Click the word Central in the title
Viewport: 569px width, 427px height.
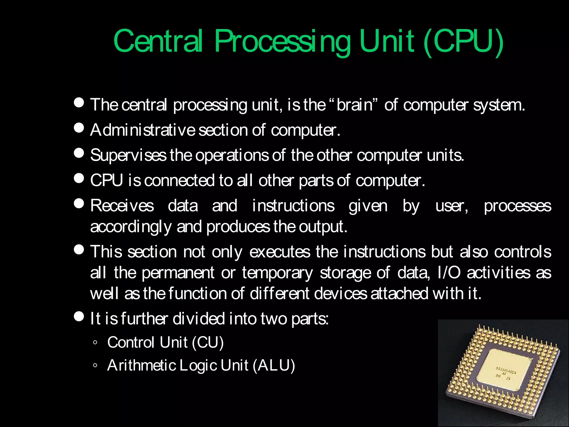tap(158, 41)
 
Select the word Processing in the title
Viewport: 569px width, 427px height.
tap(282, 42)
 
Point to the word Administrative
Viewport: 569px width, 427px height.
tap(143, 130)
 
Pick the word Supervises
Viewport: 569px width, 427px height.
tap(128, 155)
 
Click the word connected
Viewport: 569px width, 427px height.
tap(179, 180)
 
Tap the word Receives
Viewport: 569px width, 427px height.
tap(122, 206)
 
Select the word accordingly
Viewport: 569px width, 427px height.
tap(131, 227)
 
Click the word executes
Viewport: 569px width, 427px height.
tap(279, 252)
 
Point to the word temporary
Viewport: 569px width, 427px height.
tap(277, 273)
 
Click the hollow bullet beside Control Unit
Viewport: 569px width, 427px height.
tap(95, 343)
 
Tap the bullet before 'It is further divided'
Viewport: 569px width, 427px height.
tap(79, 316)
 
